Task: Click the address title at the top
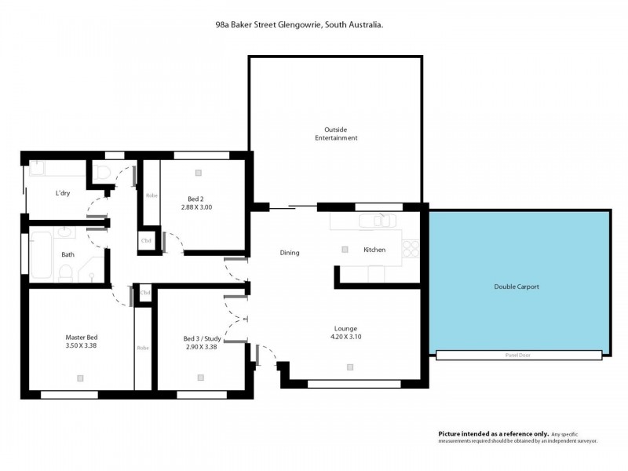coord(299,25)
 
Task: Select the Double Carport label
coord(517,287)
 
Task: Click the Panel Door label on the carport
coord(519,355)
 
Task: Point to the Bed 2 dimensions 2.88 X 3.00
coord(196,207)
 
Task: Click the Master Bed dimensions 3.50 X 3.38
coord(81,345)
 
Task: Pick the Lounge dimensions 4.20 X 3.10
coord(345,337)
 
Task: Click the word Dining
coord(290,253)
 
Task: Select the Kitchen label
coord(374,250)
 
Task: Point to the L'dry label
coord(63,193)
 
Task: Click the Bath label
coord(68,254)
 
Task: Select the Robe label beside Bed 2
coord(152,195)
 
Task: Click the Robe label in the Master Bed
coord(143,348)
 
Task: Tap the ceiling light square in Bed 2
coord(199,173)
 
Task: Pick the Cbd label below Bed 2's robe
coord(146,241)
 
